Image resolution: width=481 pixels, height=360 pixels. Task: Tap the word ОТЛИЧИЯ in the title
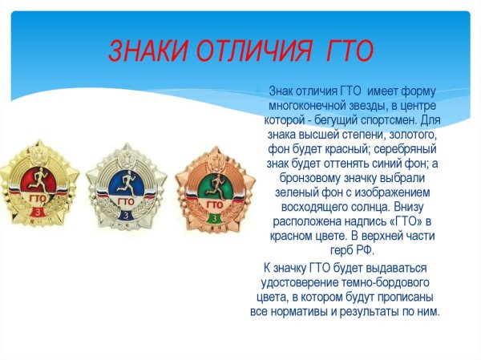(256, 51)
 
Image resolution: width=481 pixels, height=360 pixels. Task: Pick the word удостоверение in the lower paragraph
(297, 282)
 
